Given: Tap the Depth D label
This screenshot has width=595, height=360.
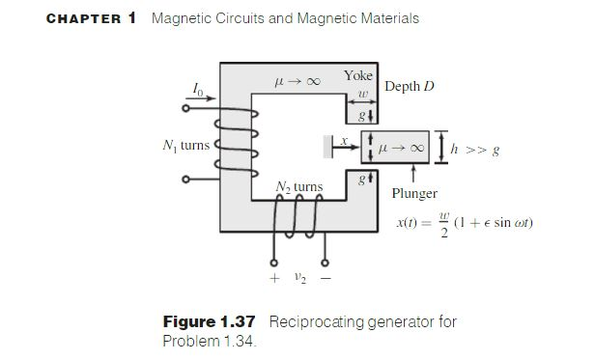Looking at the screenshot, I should (x=411, y=87).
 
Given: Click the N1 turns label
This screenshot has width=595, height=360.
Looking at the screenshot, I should (x=183, y=145).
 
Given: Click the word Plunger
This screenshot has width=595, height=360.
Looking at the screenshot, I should (x=414, y=193).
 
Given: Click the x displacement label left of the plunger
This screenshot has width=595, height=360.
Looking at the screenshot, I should (x=342, y=139).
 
